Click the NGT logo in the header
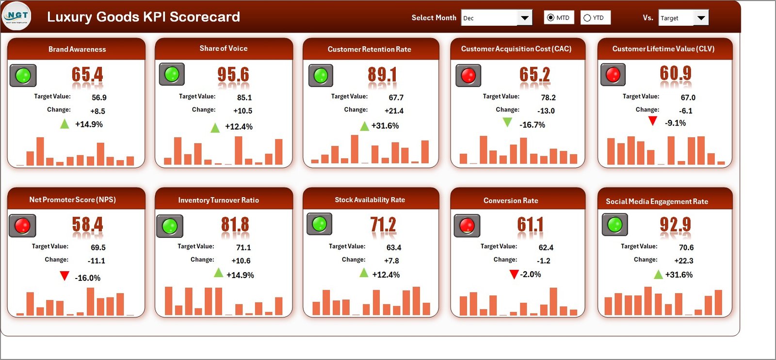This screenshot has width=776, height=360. tap(17, 16)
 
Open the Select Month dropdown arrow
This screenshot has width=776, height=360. tap(524, 18)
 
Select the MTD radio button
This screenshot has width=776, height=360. tap(550, 18)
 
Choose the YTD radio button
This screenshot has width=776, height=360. tap(587, 18)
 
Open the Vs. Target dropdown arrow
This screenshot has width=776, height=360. tap(701, 18)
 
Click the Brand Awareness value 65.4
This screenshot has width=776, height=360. tap(87, 75)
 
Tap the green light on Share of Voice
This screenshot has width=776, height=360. tap(172, 74)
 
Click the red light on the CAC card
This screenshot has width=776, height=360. tap(468, 75)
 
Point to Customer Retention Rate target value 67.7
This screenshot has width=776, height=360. tap(396, 98)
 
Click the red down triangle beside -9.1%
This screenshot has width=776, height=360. tap(653, 121)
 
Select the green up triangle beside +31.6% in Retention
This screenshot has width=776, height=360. tap(364, 126)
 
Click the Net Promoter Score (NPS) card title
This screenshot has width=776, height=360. tap(72, 199)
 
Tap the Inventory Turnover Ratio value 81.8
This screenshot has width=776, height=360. tap(235, 225)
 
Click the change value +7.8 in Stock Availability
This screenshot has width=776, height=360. tap(391, 261)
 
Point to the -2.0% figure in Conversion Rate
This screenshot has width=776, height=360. tap(531, 274)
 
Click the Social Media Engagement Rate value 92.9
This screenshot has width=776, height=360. tap(675, 225)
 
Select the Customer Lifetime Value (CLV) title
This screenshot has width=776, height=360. tap(663, 49)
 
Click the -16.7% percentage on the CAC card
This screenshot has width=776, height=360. tap(532, 125)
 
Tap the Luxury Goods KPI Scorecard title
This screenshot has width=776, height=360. tap(143, 16)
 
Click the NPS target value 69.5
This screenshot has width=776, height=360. tap(98, 247)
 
